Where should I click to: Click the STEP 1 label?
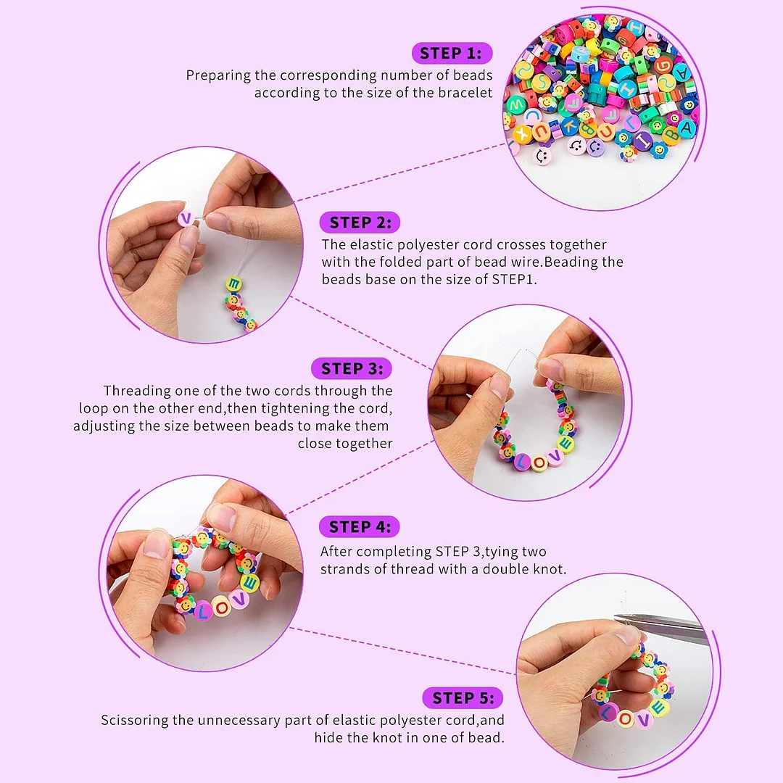point(452,53)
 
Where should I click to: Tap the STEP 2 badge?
point(360,223)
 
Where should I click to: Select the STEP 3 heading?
point(352,368)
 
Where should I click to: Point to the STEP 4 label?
point(360,527)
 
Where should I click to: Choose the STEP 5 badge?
point(463,697)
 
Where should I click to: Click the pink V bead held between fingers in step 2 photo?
point(186,217)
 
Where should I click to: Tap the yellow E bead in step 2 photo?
point(233,285)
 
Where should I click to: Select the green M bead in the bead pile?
point(515,104)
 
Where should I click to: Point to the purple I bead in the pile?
point(644,141)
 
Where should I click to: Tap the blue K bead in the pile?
point(568,125)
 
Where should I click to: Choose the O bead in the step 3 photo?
point(538,463)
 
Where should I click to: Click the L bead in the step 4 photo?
point(203,610)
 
